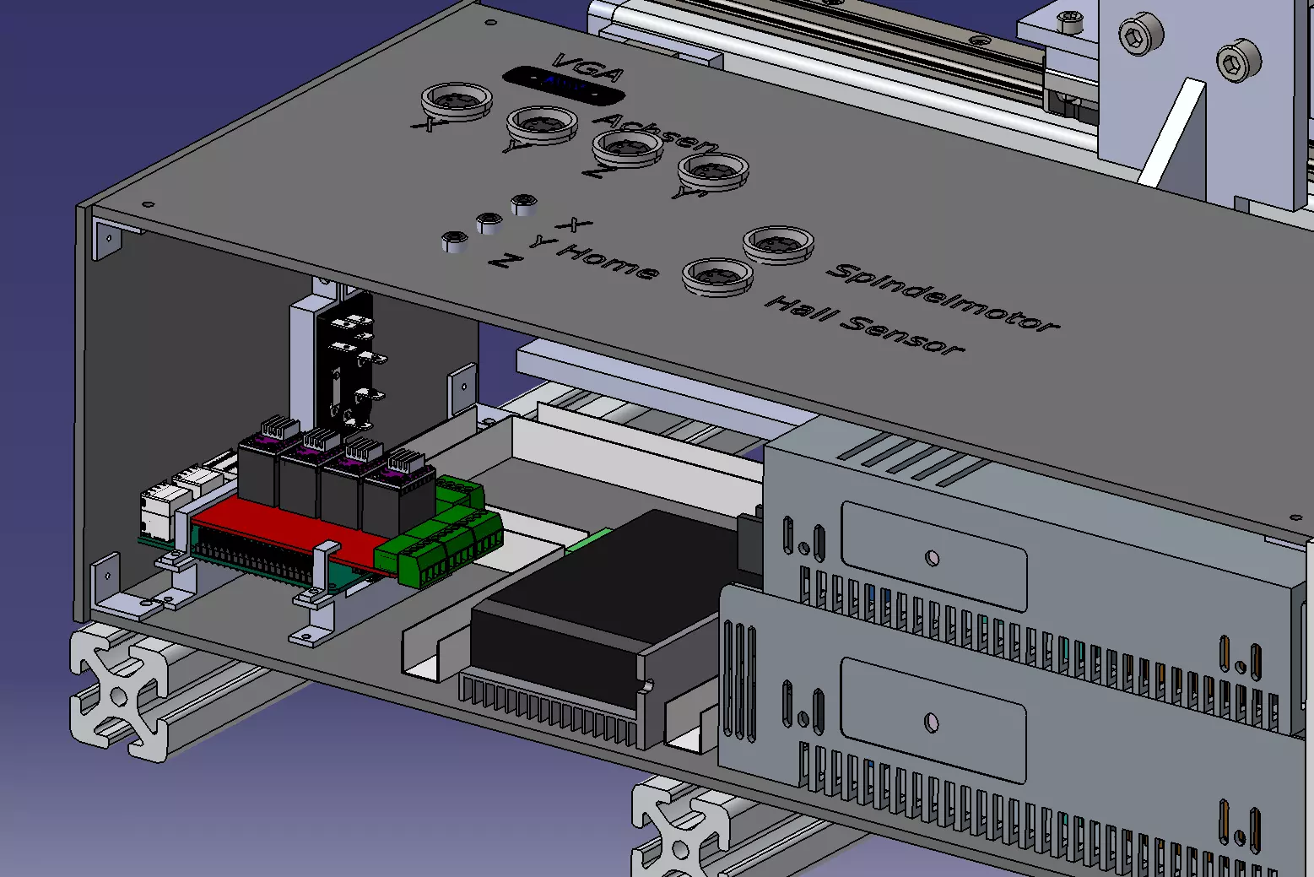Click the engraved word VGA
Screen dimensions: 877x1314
point(577,66)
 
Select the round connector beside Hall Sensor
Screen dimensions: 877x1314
point(717,274)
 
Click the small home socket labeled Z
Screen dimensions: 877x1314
point(455,242)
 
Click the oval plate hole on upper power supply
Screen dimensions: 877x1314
point(932,558)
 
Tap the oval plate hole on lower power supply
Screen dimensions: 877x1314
point(932,723)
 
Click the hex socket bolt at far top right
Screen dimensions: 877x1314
point(1238,61)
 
